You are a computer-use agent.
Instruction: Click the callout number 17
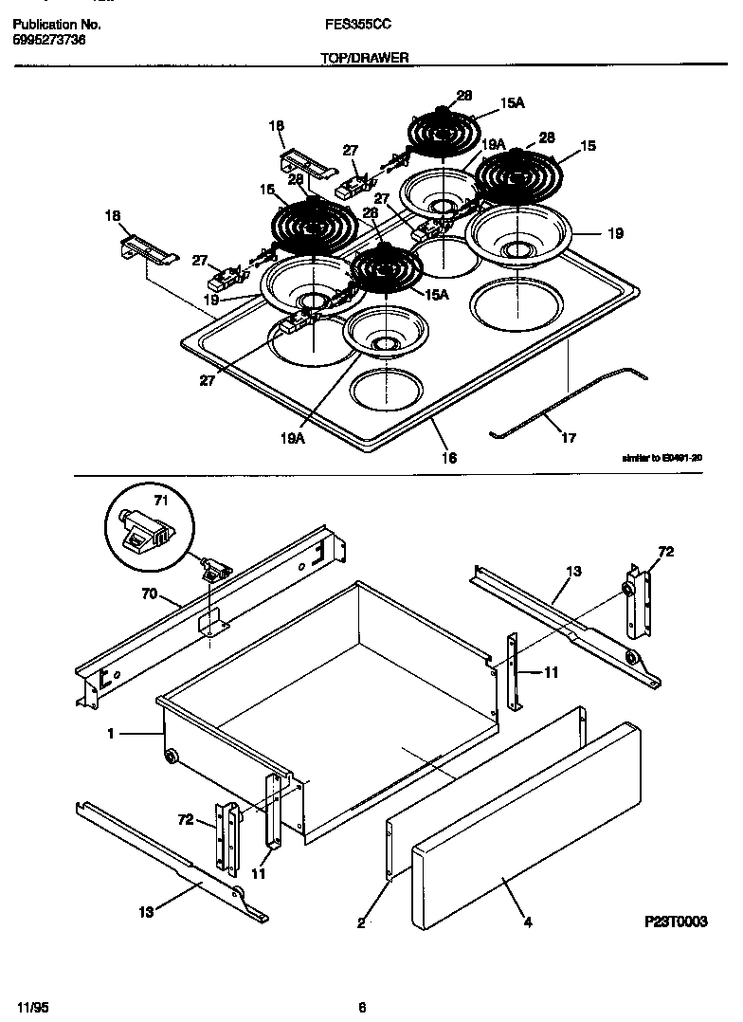[569, 438]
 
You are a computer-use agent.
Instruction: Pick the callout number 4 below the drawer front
[526, 920]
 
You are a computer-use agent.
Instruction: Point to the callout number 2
[361, 921]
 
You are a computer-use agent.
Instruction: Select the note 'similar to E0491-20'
[661, 457]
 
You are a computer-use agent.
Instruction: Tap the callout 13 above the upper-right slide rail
[573, 571]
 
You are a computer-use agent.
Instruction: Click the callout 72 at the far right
[665, 552]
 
